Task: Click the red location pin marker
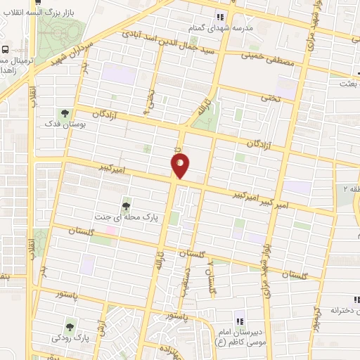pyautogui.click(x=181, y=165)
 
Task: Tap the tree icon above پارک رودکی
pyautogui.click(x=69, y=326)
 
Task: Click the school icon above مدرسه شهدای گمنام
pyautogui.click(x=220, y=17)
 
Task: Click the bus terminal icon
pyautogui.click(x=6, y=50)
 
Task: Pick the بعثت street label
pyautogui.click(x=349, y=84)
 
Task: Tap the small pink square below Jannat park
pyautogui.click(x=111, y=230)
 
